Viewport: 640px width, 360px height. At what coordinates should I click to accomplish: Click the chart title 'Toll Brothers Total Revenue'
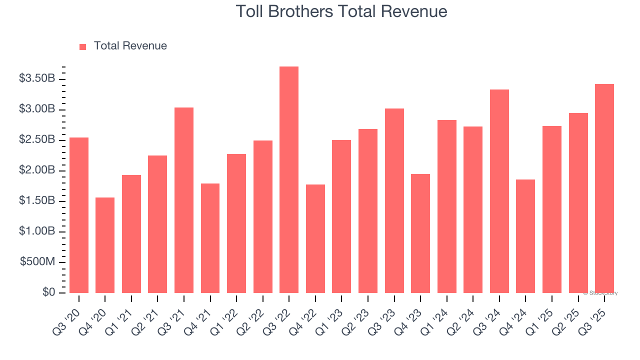click(341, 11)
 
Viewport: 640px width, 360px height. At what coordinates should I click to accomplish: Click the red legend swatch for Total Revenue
click(83, 46)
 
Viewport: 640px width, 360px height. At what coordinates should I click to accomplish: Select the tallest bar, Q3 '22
click(289, 180)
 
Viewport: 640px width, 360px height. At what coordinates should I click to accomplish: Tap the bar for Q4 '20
click(105, 245)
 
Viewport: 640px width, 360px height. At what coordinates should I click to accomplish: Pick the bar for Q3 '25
click(604, 188)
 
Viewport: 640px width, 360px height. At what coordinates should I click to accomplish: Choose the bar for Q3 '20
click(79, 215)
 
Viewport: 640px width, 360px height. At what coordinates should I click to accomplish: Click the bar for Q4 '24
click(525, 236)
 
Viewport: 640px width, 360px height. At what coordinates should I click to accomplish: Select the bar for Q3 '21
click(184, 200)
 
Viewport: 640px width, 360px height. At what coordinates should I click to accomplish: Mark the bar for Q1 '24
click(446, 206)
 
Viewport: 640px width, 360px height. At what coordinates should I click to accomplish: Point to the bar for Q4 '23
click(420, 233)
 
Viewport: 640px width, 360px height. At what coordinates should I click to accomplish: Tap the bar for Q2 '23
click(368, 211)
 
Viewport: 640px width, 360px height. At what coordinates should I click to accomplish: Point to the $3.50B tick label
click(37, 78)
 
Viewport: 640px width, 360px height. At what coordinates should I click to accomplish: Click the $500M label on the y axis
click(37, 262)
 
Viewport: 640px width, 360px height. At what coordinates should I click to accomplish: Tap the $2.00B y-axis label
click(37, 170)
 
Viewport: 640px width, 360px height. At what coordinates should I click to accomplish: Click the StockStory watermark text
click(600, 293)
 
